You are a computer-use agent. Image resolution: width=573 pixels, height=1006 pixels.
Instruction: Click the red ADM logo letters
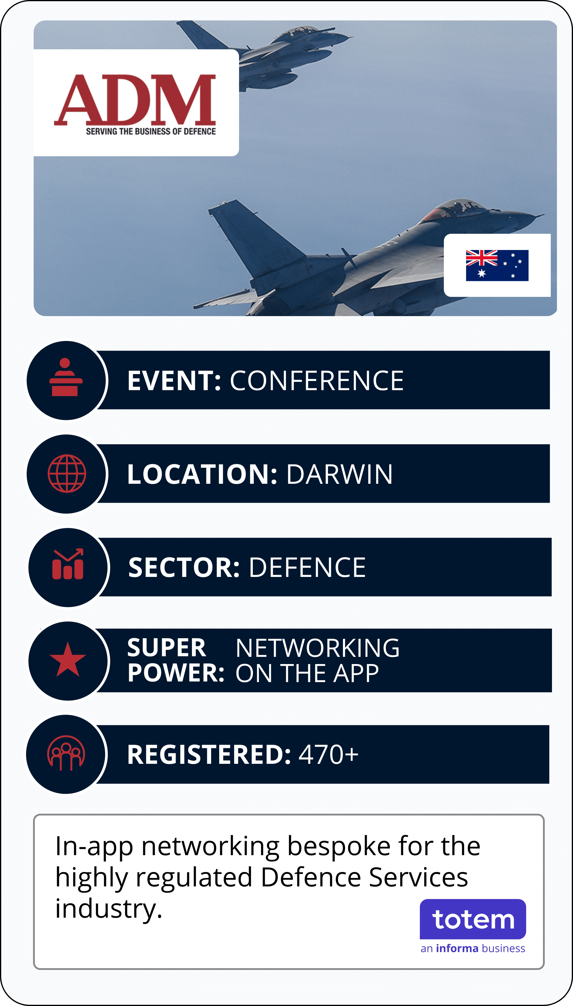135,100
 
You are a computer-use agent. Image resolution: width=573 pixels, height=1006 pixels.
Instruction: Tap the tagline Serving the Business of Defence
151,132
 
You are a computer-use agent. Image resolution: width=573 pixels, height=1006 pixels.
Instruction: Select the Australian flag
497,265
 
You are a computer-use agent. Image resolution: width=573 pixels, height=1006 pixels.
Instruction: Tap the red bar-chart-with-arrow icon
68,563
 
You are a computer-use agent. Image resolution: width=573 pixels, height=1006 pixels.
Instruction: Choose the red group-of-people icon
66,752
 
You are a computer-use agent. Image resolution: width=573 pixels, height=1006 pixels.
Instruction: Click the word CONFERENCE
317,381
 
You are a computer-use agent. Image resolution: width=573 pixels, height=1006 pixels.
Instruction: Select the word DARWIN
339,474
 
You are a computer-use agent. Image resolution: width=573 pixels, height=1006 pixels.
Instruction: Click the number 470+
329,754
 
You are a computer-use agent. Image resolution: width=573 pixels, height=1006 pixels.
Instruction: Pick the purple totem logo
473,919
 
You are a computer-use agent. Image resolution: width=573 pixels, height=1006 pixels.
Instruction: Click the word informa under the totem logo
457,949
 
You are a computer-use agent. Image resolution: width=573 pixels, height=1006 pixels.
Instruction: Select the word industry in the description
108,910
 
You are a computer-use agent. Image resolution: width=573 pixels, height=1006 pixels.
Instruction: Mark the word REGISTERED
209,754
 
